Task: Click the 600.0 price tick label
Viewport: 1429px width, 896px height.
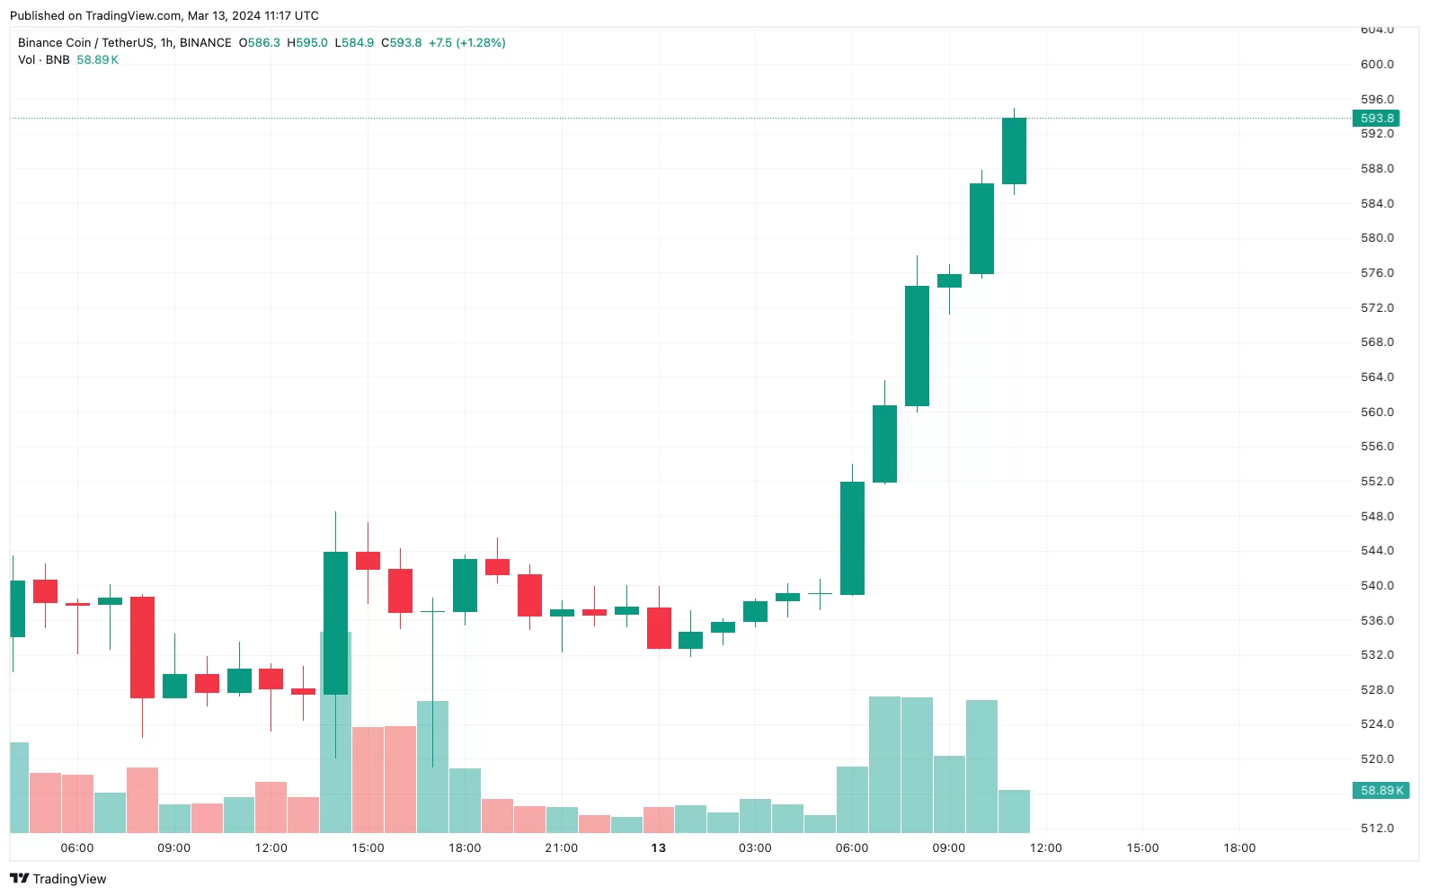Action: pyautogui.click(x=1377, y=65)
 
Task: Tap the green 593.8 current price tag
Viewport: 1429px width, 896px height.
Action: pyautogui.click(x=1376, y=118)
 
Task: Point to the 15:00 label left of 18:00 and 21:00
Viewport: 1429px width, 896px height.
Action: pyautogui.click(x=368, y=848)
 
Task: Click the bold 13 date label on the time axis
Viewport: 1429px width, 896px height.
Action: pyautogui.click(x=659, y=848)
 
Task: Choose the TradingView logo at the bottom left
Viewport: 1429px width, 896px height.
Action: pyautogui.click(x=58, y=879)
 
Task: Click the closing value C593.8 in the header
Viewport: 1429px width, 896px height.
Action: pyautogui.click(x=401, y=43)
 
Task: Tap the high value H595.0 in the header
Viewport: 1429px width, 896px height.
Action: pyautogui.click(x=307, y=43)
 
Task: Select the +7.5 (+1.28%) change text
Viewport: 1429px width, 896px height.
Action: pyautogui.click(x=466, y=43)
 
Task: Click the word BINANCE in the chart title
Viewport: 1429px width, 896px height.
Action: pyautogui.click(x=205, y=43)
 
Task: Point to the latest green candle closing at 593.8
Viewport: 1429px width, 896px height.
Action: pyautogui.click(x=1014, y=151)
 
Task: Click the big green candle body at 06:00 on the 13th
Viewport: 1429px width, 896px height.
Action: pyautogui.click(x=852, y=537)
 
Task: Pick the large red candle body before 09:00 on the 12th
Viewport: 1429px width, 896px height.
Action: pyautogui.click(x=142, y=647)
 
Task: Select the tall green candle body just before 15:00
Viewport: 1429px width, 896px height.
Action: pyautogui.click(x=335, y=622)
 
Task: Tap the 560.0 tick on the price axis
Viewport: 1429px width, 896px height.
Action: pyautogui.click(x=1377, y=413)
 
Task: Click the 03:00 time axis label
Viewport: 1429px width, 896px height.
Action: pyautogui.click(x=755, y=848)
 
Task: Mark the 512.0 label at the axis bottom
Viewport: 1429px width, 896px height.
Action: pyautogui.click(x=1377, y=829)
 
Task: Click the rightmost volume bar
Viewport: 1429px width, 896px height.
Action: pyautogui.click(x=1014, y=811)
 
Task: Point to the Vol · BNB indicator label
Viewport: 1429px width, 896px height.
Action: pyautogui.click(x=43, y=60)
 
